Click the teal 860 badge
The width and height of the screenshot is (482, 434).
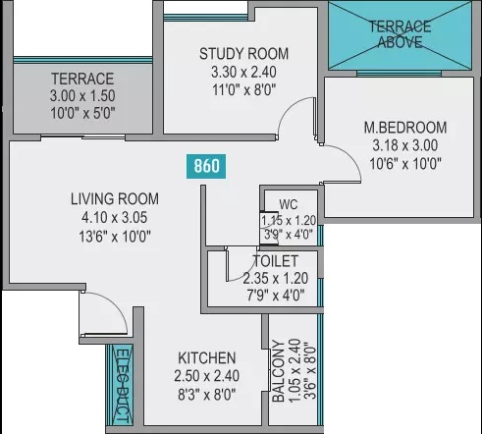[x=206, y=166]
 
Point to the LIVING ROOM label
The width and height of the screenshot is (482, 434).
[x=115, y=198]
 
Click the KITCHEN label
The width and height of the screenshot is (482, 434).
[x=206, y=357]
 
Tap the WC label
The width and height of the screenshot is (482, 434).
[x=288, y=204]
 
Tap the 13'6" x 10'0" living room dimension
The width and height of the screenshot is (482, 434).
[x=115, y=236]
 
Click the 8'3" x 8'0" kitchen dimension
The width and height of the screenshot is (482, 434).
[x=206, y=393]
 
